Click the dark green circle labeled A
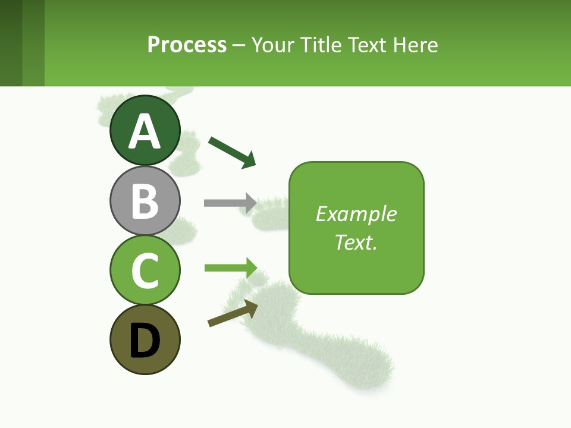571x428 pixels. [x=145, y=131]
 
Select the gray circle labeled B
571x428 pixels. [x=145, y=200]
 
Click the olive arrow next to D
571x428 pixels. [x=233, y=313]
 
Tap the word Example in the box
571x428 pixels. [x=356, y=214]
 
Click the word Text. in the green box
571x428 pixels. [x=356, y=243]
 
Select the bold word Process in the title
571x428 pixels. [x=187, y=45]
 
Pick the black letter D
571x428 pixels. [x=145, y=341]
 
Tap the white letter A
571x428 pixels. [x=145, y=132]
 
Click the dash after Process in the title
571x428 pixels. [x=239, y=45]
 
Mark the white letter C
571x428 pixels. [x=145, y=270]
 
